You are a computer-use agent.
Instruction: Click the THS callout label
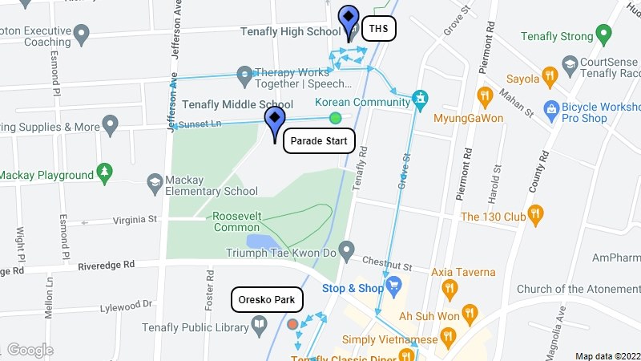coord(379,30)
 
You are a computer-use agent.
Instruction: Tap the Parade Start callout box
coord(319,141)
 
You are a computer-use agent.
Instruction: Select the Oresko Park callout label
coord(268,301)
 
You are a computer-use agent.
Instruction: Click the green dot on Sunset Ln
coord(335,119)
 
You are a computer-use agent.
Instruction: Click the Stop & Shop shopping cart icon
coord(393,286)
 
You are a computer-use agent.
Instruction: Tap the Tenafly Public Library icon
coord(260,325)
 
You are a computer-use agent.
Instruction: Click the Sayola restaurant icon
coord(550,77)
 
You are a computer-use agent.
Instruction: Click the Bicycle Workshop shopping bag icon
coord(550,107)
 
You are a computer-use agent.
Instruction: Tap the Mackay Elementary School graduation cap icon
coord(155,184)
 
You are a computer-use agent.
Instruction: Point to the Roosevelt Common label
coord(236,221)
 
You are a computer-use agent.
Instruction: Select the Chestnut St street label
coord(386,262)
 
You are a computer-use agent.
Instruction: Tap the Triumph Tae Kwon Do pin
coord(346,252)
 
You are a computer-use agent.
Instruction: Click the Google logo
coord(30,350)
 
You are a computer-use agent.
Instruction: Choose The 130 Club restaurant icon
coord(537,214)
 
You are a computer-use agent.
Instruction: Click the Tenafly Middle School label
coord(238,104)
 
